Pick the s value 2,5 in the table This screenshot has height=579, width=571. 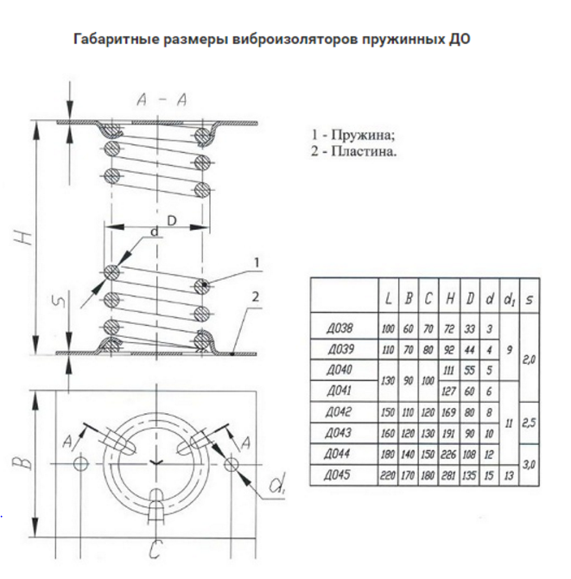click(x=529, y=423)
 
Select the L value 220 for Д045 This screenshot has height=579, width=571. click(x=388, y=474)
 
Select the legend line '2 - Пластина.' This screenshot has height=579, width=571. click(x=354, y=151)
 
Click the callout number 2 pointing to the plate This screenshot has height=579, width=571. click(x=257, y=297)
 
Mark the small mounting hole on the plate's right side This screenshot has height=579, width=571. click(x=231, y=465)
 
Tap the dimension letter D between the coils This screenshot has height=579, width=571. click(x=172, y=222)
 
